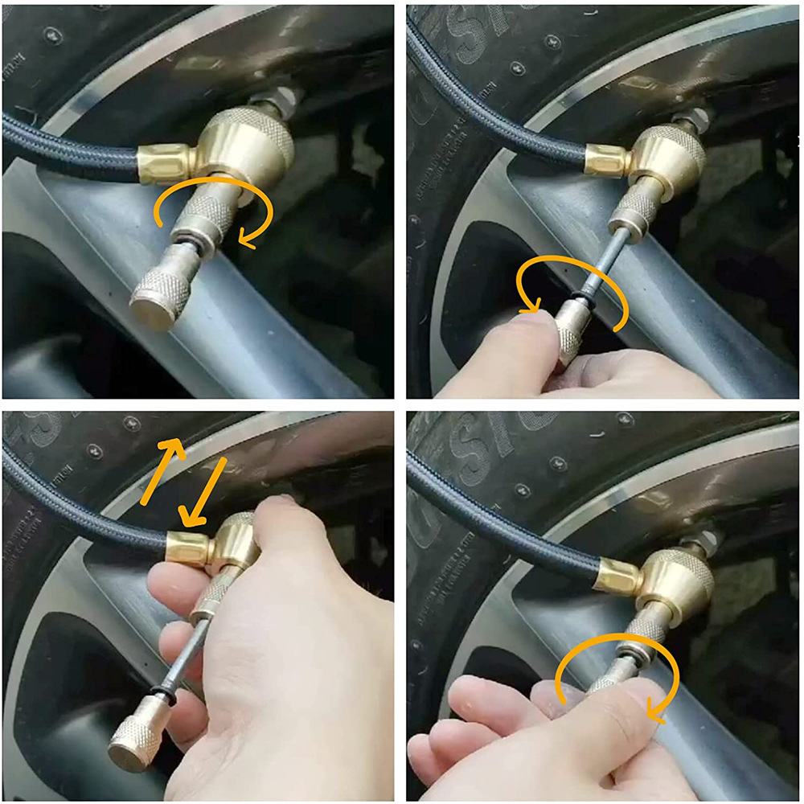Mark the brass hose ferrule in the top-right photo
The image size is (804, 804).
click(x=605, y=158)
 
